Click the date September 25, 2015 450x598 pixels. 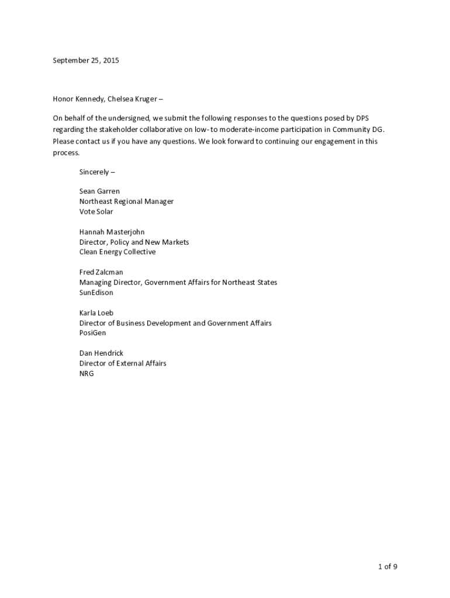(86, 60)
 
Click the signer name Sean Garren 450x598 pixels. (99, 192)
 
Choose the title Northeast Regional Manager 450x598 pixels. (126, 201)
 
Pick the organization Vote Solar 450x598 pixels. (96, 211)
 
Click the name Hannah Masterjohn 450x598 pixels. (112, 232)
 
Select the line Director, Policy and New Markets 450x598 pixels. (134, 242)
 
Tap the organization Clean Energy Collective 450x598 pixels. (117, 252)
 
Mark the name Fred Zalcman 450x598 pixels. (101, 272)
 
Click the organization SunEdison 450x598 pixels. (96, 293)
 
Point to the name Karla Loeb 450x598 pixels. (96, 313)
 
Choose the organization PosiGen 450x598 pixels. (93, 333)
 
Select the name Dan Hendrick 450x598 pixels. (101, 353)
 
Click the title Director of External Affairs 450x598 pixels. (123, 363)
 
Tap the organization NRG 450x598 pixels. (86, 373)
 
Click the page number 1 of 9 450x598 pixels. (387, 567)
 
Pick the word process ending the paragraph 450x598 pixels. (65, 152)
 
